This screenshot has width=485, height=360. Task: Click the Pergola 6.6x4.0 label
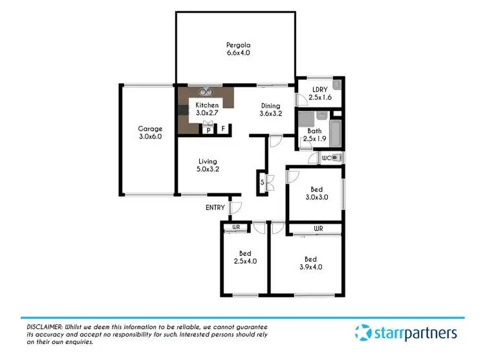[235, 49]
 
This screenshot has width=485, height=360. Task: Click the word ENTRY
[215, 207]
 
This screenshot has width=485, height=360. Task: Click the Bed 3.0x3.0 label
[316, 194]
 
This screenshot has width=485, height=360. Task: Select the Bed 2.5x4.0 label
[245, 258]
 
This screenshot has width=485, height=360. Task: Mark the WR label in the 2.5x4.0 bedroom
[236, 227]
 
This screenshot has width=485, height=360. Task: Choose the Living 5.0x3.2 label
[208, 165]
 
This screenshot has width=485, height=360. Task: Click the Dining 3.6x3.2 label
[270, 110]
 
